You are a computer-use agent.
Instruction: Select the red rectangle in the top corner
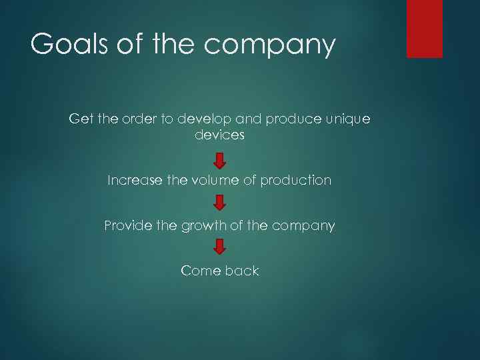click(425, 28)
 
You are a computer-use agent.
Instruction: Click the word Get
click(81, 119)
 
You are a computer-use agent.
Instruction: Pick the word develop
click(206, 119)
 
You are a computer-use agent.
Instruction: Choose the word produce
click(292, 119)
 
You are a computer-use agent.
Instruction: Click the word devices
click(220, 135)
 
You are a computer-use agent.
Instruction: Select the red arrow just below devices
click(220, 161)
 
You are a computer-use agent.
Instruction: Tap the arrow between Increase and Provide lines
click(220, 203)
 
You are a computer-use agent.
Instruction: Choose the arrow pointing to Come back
click(220, 247)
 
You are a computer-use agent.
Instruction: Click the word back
click(241, 271)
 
